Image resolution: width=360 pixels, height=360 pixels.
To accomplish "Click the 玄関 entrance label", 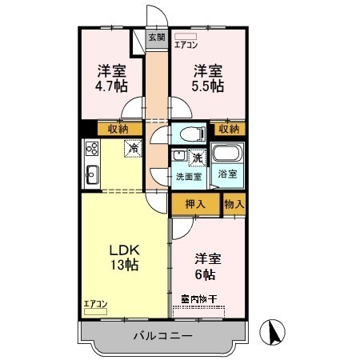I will tap(157, 37).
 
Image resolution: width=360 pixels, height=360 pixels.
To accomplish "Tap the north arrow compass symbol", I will tap(274, 332).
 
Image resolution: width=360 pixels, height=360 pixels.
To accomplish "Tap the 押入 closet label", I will tap(196, 204).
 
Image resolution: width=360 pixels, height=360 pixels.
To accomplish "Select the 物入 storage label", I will tap(234, 204).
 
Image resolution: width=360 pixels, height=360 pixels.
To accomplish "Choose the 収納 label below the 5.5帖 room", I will tap(229, 128).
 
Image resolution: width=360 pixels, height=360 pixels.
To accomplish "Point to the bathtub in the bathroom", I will tap(230, 155).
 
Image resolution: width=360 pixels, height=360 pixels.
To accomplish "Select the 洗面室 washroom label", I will tap(189, 177).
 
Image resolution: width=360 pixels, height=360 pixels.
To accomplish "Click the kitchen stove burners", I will tap(90, 149).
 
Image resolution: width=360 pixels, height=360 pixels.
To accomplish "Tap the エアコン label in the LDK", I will tap(95, 303).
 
